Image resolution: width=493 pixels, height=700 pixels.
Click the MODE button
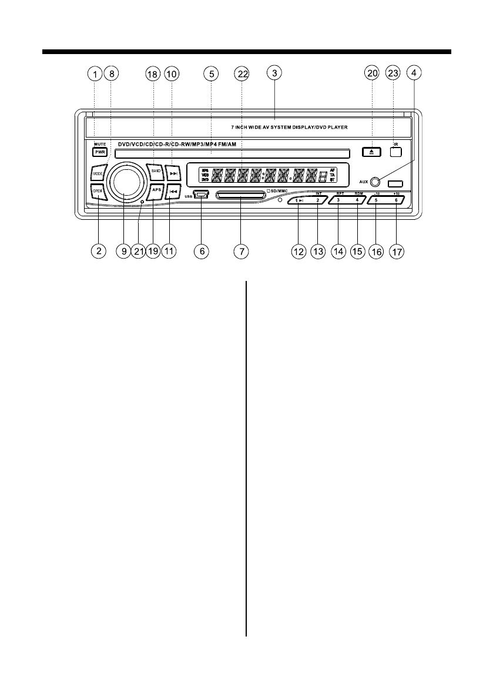(x=98, y=174)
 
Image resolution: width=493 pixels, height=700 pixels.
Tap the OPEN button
(x=98, y=191)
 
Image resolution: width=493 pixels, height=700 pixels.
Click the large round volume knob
(x=125, y=180)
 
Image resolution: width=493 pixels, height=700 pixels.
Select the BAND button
(x=155, y=171)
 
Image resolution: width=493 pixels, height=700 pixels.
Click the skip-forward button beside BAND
(x=173, y=173)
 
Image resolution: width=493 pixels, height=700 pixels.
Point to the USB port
(x=201, y=195)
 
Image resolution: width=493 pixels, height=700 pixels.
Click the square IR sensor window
(x=396, y=151)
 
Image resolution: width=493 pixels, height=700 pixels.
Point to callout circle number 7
(x=240, y=251)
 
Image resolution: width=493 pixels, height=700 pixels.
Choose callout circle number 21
(x=139, y=251)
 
